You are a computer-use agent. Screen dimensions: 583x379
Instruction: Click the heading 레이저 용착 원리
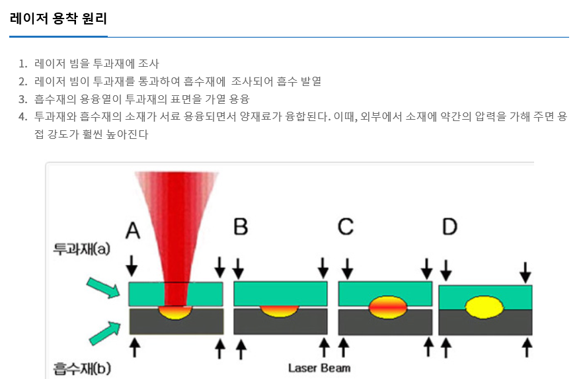click(x=58, y=19)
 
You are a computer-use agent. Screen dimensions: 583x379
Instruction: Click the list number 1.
click(x=22, y=63)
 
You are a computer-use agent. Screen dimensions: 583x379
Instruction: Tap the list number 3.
click(x=22, y=99)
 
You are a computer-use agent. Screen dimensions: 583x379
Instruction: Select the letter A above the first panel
click(x=133, y=231)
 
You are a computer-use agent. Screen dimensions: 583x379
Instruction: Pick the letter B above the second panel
click(x=241, y=226)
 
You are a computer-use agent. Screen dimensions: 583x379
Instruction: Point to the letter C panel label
click(x=346, y=226)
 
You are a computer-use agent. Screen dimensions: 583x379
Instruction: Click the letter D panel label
click(x=449, y=226)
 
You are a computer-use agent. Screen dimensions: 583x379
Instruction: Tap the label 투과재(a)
click(x=82, y=249)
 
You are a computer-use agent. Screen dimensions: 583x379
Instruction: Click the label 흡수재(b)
click(x=82, y=368)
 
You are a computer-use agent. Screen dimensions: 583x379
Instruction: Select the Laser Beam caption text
click(x=319, y=368)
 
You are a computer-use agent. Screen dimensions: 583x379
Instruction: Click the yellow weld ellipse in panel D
click(x=484, y=307)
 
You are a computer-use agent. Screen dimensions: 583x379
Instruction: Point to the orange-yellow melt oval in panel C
click(x=388, y=307)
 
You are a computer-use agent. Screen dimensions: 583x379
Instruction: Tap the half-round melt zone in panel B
click(x=279, y=312)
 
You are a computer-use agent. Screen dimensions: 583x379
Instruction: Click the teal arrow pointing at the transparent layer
click(x=103, y=288)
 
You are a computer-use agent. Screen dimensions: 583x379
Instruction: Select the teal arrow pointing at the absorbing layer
click(x=105, y=333)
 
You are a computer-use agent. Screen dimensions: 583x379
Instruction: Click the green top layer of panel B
click(x=280, y=294)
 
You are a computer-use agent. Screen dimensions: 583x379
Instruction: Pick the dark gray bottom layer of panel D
click(x=485, y=323)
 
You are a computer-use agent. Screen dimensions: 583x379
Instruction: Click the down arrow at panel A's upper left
click(x=132, y=265)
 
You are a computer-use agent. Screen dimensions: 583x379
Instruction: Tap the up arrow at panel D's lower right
click(x=526, y=347)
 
